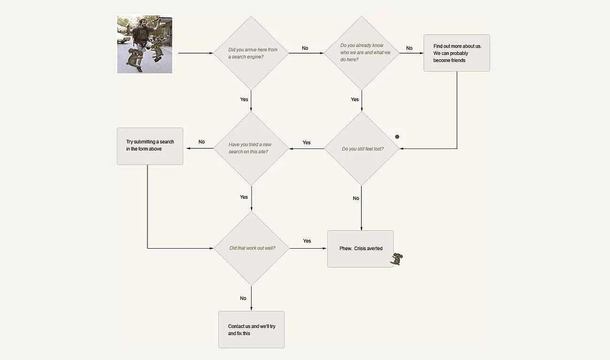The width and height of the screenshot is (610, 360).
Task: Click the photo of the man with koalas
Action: [x=145, y=45]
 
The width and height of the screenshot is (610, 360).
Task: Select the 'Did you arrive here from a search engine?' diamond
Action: [x=251, y=53]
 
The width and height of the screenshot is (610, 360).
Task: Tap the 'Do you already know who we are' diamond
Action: [x=362, y=53]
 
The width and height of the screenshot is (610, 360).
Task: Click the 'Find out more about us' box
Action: [x=456, y=53]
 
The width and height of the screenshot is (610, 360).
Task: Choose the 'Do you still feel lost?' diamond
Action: [x=362, y=149]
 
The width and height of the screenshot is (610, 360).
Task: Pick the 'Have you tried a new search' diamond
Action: [x=251, y=149]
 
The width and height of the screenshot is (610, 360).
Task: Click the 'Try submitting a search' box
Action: [x=150, y=146]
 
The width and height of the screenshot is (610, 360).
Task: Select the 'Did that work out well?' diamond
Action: [x=251, y=248]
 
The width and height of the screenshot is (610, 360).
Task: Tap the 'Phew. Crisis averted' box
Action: [x=360, y=249]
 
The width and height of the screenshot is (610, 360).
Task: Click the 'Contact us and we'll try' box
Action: [x=251, y=329]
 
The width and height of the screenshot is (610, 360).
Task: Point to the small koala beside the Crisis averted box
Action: [x=397, y=259]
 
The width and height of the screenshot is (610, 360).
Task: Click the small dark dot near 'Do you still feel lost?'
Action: [x=397, y=137]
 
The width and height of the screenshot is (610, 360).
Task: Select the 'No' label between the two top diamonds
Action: [x=305, y=48]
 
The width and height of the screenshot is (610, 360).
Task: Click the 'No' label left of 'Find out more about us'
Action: [x=409, y=48]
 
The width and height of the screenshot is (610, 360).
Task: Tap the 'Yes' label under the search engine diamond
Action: [x=244, y=100]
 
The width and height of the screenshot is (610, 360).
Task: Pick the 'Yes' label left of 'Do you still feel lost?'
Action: [x=307, y=142]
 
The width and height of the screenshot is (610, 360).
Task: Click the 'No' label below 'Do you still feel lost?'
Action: [x=356, y=198]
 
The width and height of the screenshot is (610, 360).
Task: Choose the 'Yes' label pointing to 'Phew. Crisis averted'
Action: [x=307, y=241]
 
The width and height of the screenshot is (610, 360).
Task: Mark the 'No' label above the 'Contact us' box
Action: [x=243, y=298]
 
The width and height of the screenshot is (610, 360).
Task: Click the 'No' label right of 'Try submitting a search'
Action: [x=202, y=142]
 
